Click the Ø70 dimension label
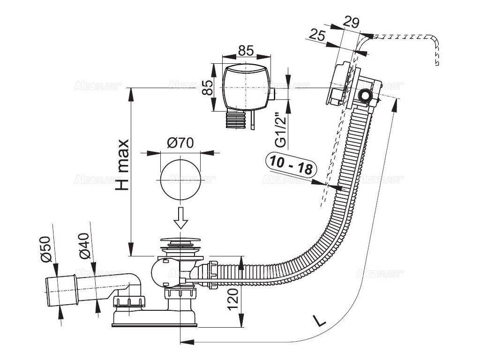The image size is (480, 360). (x=180, y=143)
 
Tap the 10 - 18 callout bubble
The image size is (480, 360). (x=292, y=164)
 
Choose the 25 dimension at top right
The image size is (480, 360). (x=318, y=35)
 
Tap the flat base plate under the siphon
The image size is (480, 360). (x=154, y=323)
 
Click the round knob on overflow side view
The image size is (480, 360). (x=364, y=97)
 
